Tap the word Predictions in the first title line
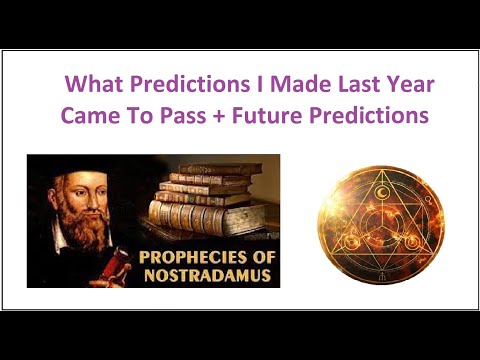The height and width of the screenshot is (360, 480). click(x=169, y=85)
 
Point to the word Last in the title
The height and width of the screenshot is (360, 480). click(x=320, y=85)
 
